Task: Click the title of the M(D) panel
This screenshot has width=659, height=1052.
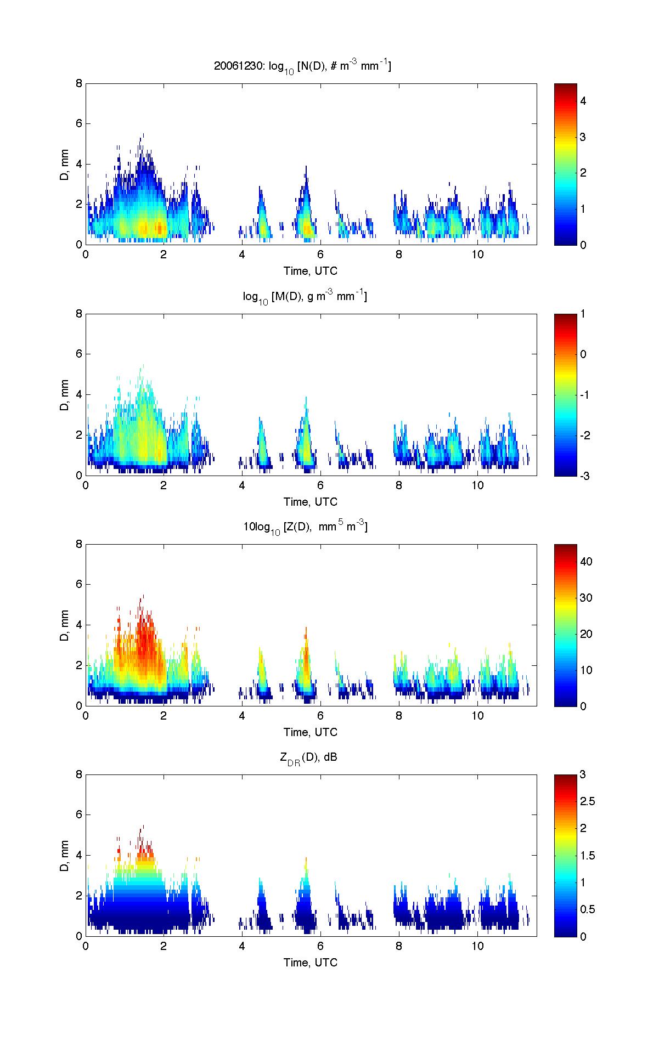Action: (x=305, y=297)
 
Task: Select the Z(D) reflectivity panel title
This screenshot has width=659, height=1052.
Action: (x=305, y=527)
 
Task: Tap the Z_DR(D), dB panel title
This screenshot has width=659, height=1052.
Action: (x=308, y=757)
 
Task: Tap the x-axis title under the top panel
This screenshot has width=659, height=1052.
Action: (x=311, y=271)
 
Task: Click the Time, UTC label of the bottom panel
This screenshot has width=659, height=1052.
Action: (x=311, y=962)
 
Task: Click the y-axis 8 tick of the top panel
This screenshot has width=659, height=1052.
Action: (x=79, y=83)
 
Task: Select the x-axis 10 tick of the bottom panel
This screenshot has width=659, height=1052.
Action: (x=477, y=946)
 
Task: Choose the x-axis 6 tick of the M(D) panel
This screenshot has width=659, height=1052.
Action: (x=320, y=485)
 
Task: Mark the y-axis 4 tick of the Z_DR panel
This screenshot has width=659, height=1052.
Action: (x=79, y=855)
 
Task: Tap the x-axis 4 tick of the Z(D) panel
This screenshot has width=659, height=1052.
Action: (x=242, y=716)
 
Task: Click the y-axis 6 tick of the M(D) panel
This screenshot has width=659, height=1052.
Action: (x=79, y=354)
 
